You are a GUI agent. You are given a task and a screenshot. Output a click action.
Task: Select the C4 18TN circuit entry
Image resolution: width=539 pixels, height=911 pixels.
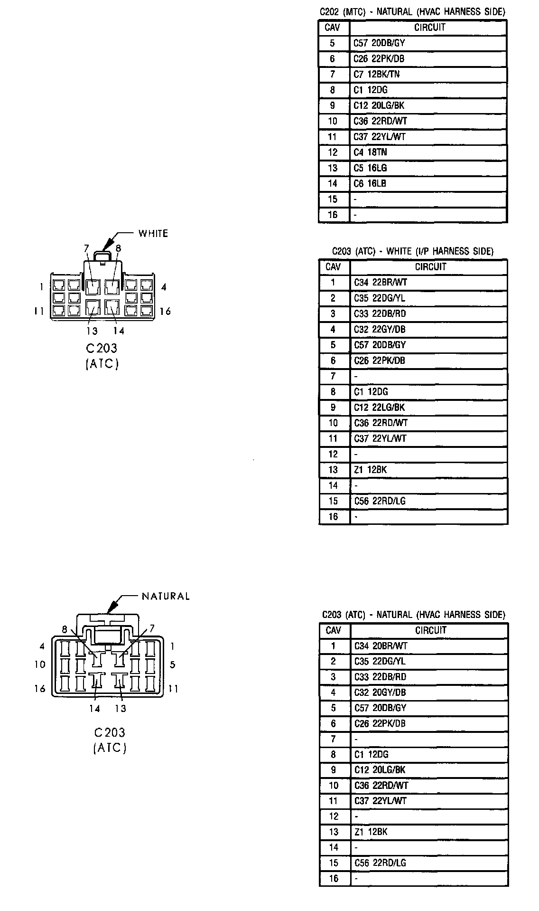[370, 152]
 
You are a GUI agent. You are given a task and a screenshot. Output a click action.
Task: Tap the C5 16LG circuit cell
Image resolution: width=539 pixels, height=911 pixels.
[370, 168]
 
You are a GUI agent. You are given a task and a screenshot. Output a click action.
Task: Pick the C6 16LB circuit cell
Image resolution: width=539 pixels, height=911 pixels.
[370, 184]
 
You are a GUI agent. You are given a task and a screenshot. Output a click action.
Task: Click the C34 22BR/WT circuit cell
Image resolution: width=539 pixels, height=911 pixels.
[381, 282]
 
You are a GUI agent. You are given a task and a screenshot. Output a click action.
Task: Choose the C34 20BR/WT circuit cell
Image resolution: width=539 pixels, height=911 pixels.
[381, 646]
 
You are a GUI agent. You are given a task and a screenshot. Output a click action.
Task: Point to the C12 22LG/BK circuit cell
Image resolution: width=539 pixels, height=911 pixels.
[379, 408]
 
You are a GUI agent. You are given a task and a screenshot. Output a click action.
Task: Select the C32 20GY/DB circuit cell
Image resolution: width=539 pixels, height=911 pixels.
[380, 693]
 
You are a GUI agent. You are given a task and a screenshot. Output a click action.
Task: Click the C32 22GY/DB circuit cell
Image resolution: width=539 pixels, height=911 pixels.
[380, 329]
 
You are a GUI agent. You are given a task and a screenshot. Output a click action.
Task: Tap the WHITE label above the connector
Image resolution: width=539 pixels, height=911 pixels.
[153, 233]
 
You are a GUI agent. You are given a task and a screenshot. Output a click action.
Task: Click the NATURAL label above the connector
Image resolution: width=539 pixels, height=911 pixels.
[166, 596]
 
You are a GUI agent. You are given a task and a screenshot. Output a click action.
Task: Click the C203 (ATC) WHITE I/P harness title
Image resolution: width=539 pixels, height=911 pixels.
[412, 251]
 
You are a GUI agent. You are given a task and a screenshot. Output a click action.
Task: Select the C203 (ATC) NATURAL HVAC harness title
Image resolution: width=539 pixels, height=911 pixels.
[413, 615]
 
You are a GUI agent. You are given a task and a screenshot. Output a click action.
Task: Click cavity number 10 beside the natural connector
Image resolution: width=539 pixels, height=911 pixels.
[40, 664]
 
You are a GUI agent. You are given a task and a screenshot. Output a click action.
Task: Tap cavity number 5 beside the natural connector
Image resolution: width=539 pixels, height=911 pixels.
[173, 664]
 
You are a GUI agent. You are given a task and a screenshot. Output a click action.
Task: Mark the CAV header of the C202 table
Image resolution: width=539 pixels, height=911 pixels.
[332, 28]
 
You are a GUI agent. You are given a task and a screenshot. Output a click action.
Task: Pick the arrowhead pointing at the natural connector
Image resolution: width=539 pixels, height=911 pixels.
[111, 608]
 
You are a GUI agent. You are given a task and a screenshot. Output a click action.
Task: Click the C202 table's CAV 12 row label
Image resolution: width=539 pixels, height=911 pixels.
[333, 152]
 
